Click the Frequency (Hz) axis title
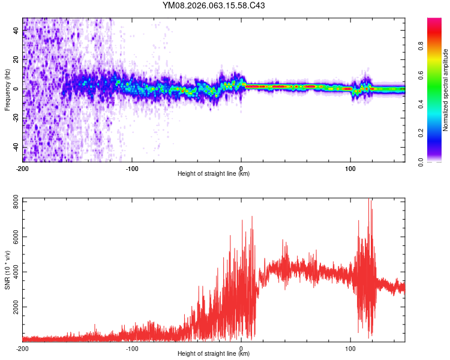click(7, 90)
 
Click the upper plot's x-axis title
click(214, 174)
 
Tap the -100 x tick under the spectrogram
click(132, 168)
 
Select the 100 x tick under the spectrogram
click(350, 168)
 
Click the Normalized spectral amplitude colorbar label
click(445, 90)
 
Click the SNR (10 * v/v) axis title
click(7, 269)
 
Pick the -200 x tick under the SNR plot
click(23, 348)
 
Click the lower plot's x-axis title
click(214, 354)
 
